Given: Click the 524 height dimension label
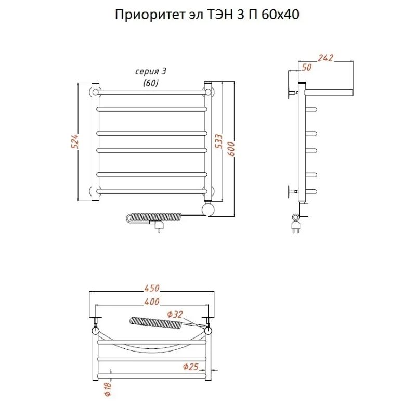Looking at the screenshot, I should tap(74, 141).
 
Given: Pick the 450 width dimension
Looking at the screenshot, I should tap(151, 289).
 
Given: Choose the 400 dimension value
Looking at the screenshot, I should tap(151, 302).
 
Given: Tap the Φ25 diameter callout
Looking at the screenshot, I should tap(191, 367).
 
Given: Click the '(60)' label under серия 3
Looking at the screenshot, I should tap(150, 82).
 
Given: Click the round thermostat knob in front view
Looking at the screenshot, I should tap(209, 210).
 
